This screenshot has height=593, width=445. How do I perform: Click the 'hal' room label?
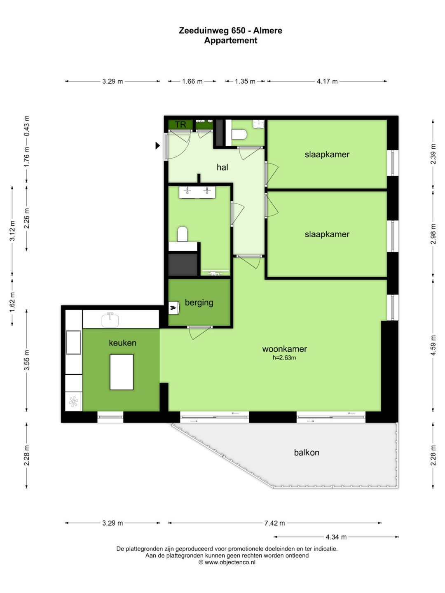(222, 167)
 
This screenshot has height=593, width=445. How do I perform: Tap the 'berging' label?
(199, 303)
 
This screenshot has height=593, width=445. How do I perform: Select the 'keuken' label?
(122, 343)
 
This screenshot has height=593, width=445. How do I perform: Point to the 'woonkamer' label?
(284, 349)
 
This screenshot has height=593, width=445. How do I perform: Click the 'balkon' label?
(307, 453)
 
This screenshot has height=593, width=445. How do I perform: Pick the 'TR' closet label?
(180, 124)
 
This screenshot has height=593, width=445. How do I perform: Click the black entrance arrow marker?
(157, 146)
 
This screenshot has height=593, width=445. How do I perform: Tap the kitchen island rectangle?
(121, 372)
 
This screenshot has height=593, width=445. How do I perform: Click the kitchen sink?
(110, 320)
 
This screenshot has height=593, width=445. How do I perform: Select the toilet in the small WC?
(239, 134)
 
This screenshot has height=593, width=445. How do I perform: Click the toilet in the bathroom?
(183, 234)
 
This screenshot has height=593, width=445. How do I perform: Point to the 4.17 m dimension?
(327, 81)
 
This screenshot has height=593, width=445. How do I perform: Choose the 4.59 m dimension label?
(433, 346)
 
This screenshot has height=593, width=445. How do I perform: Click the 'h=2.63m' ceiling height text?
(284, 358)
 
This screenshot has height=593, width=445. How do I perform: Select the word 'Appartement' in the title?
(230, 40)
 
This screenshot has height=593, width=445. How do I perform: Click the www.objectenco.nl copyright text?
(227, 562)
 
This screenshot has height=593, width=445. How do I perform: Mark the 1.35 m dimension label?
(245, 81)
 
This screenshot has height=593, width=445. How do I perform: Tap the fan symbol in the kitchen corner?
(73, 402)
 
